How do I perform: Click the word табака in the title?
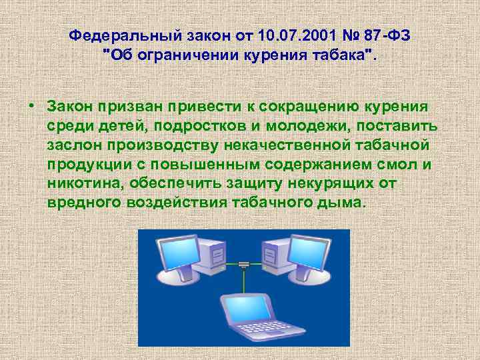(x=337, y=55)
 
